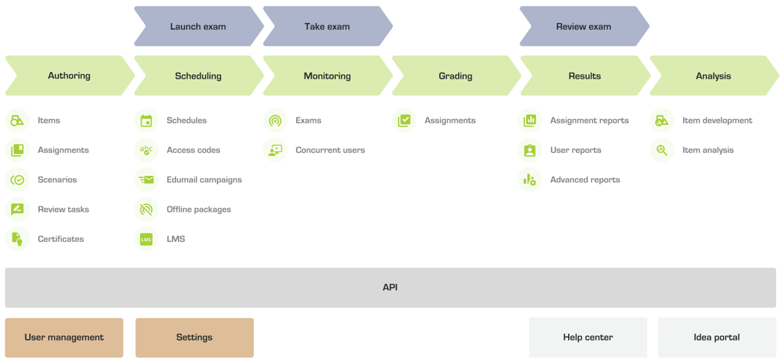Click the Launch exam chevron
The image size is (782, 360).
click(x=199, y=26)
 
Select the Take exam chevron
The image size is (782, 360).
click(x=328, y=26)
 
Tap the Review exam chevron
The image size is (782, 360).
click(x=584, y=26)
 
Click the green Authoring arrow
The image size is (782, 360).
click(x=70, y=76)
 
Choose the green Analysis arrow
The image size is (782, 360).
click(x=714, y=76)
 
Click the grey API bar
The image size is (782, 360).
click(x=391, y=287)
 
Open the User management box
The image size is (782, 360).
click(x=64, y=338)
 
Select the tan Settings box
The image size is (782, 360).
click(x=195, y=338)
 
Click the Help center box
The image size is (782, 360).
click(x=588, y=338)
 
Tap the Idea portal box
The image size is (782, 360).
click(x=717, y=338)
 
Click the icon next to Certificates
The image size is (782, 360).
click(x=17, y=239)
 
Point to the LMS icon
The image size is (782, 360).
click(x=146, y=239)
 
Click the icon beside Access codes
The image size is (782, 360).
click(x=146, y=150)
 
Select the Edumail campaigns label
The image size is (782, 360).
click(x=204, y=180)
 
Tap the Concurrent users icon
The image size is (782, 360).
click(x=275, y=150)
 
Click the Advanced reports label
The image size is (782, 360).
click(x=585, y=180)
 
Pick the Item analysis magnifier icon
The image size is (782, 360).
click(x=662, y=150)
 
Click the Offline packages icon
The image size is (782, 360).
click(x=146, y=210)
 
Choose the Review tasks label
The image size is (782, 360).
click(x=64, y=210)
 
